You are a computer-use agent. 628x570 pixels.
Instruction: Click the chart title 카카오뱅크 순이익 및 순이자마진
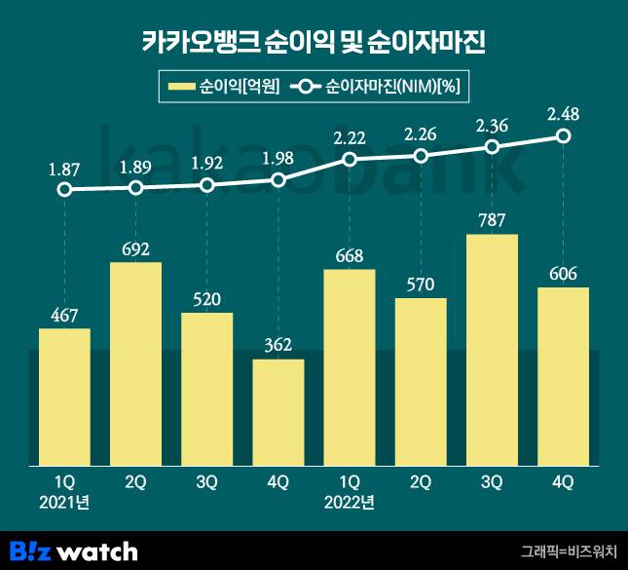(x=314, y=43)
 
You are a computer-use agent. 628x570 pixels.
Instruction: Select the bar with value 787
(x=492, y=351)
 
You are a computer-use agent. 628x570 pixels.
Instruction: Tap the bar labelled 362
(x=278, y=413)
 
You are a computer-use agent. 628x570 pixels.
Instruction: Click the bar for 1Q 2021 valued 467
(x=64, y=398)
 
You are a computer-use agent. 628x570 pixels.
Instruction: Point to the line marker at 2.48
(x=563, y=136)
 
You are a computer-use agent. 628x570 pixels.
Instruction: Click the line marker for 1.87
(x=64, y=190)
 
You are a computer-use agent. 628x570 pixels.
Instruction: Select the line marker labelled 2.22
(x=350, y=159)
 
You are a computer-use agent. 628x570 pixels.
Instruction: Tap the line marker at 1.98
(x=278, y=180)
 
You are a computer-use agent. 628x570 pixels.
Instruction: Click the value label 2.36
(x=492, y=125)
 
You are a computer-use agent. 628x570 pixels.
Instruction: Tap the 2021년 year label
(x=64, y=503)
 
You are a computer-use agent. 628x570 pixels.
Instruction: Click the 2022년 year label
(x=350, y=503)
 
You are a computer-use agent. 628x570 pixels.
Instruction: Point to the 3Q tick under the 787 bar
(x=492, y=480)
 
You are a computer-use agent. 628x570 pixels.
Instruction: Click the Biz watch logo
(x=74, y=551)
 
